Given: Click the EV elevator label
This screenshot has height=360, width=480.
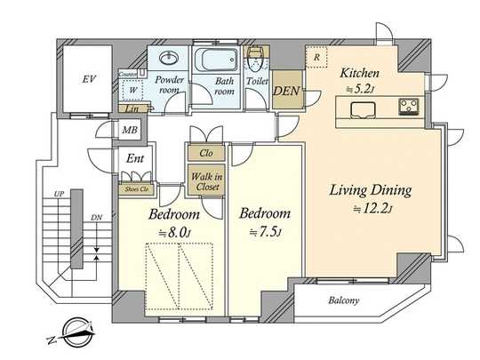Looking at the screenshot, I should (x=88, y=80).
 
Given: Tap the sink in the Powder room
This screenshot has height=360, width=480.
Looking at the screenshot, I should (x=168, y=59).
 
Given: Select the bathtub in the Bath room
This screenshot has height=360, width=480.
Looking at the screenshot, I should (x=212, y=63).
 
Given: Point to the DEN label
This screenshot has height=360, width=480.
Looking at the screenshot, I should (x=285, y=91).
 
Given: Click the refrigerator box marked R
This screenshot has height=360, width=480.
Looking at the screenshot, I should (x=317, y=58).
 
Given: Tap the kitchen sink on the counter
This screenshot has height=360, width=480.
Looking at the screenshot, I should (x=363, y=109).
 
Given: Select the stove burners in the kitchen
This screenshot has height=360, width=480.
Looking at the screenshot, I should (x=410, y=109).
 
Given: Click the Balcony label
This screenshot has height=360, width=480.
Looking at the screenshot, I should (x=342, y=300).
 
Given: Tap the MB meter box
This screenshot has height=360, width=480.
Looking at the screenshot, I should (x=131, y=130).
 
